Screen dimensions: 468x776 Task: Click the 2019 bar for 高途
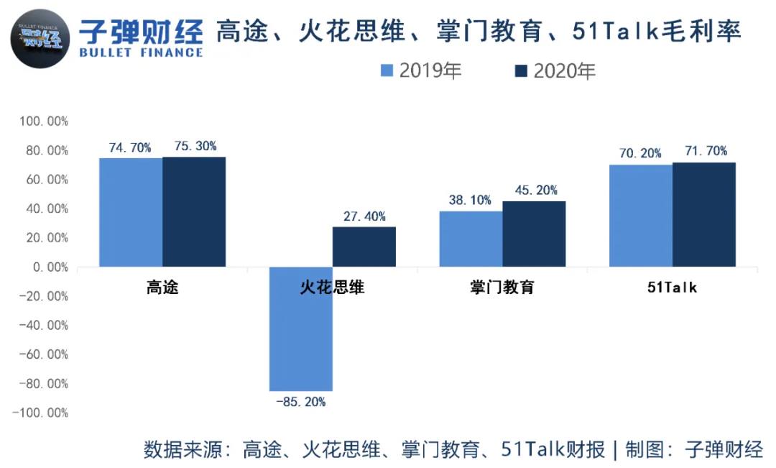[130, 212]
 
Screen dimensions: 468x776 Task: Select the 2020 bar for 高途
[193, 211]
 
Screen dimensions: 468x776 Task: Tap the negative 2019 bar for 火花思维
[300, 329]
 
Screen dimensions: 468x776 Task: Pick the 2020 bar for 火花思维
[364, 247]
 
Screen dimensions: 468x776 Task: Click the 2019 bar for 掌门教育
[471, 239]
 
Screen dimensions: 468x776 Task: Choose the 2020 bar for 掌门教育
[534, 234]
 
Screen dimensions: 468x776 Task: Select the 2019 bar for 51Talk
[640, 216]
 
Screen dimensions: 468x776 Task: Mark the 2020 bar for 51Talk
[704, 214]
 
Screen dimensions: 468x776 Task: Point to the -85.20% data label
[300, 402]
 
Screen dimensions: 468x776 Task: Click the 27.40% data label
[364, 216]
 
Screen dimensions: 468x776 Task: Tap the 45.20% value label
[535, 191]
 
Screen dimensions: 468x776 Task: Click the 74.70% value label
[130, 147]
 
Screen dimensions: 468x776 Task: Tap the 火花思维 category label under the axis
[332, 288]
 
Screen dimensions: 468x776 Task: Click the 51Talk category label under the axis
[672, 288]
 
